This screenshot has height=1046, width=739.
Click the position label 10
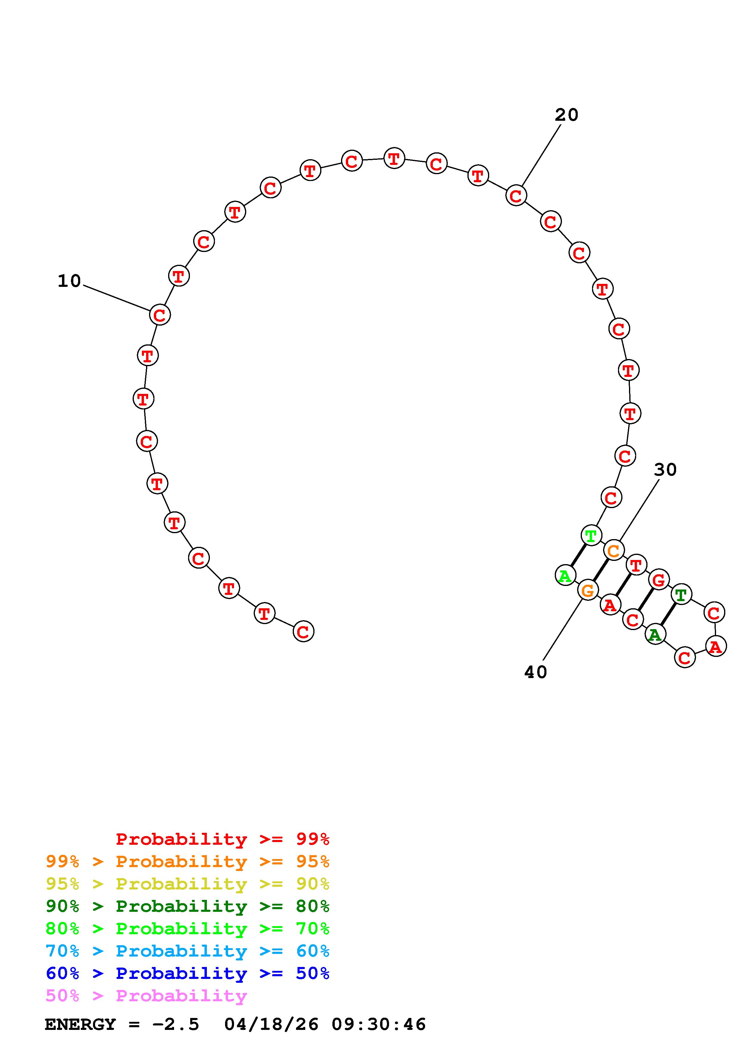pyautogui.click(x=69, y=281)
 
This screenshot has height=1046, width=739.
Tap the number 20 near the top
pyautogui.click(x=566, y=115)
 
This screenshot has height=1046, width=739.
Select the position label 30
pyautogui.click(x=665, y=469)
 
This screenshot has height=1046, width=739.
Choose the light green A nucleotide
pyautogui.click(x=565, y=576)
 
